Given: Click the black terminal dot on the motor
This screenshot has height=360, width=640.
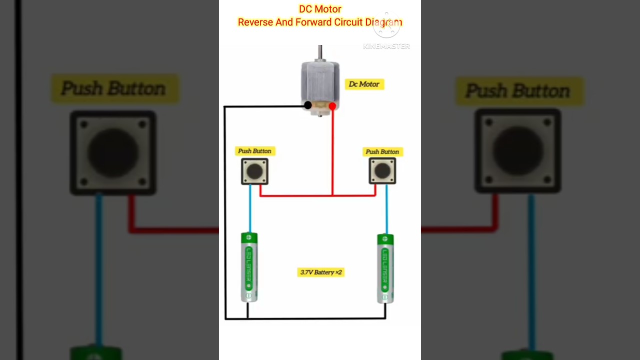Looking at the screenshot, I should coord(308,105).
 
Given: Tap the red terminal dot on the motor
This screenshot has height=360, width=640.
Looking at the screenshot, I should coord(332,106).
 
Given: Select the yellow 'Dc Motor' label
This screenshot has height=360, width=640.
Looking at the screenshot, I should coord(364,84).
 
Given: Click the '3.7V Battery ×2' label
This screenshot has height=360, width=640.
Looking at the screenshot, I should coord(320,272).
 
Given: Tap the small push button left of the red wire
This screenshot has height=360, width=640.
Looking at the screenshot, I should coord(254,171).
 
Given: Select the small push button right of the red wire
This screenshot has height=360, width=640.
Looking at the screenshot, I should coord(382,171).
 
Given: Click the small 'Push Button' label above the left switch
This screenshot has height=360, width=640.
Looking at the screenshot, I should coord(254,151).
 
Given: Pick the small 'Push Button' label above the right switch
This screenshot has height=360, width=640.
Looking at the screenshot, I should coord(382,151).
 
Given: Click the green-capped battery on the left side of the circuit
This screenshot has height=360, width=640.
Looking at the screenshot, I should coord(249,267).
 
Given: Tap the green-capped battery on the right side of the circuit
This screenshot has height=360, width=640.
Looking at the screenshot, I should coord(385,268).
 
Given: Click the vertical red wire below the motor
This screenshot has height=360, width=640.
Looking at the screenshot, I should coord(332,150).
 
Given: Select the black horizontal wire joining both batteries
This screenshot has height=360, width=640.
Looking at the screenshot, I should coord(315,318).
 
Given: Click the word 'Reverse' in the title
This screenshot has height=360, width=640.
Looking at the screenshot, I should coord(255,22).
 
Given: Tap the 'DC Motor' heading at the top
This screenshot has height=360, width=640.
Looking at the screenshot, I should coord(320,9).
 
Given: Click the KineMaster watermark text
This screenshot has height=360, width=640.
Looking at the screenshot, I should coord(386,46).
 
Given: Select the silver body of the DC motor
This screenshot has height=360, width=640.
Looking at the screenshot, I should coord(320,82).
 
